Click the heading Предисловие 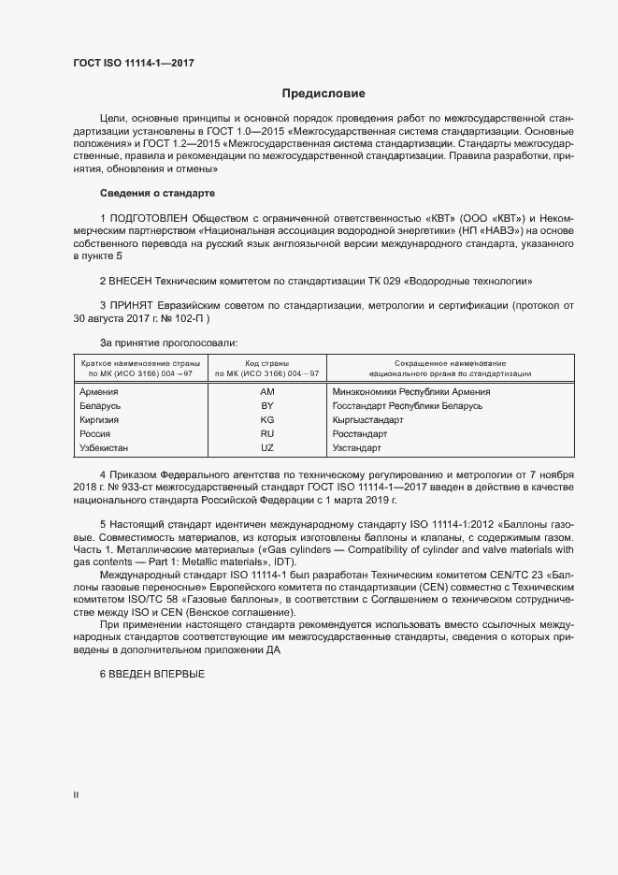(323, 94)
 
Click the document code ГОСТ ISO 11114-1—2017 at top (134, 63)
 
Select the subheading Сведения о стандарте (157, 194)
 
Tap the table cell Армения (99, 392)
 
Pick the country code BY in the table (266, 406)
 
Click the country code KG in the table (266, 420)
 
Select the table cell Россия (96, 434)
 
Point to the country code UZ (266, 448)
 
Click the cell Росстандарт (360, 434)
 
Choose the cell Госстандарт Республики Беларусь (407, 406)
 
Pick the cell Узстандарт (356, 448)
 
